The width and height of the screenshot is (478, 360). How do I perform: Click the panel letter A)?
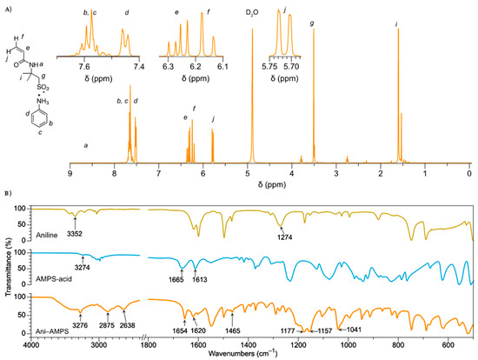coord(8,6)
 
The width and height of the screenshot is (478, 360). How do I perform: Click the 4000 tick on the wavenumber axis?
coord(33,344)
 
